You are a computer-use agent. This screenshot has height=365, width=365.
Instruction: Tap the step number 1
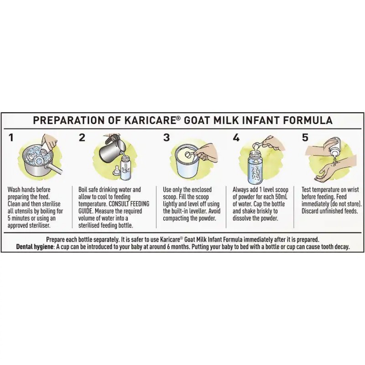click(x=11, y=137)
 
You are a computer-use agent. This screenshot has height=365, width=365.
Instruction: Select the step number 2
click(x=82, y=137)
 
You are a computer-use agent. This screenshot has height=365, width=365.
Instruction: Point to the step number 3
click(x=166, y=137)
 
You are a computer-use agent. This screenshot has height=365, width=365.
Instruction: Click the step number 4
click(x=236, y=137)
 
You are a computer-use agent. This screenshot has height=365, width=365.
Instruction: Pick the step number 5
click(x=305, y=137)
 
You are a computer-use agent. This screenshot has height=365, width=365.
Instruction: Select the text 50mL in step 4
click(x=281, y=197)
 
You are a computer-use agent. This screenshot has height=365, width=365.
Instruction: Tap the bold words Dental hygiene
click(x=35, y=247)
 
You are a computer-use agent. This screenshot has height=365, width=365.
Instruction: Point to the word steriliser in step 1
click(x=40, y=225)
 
